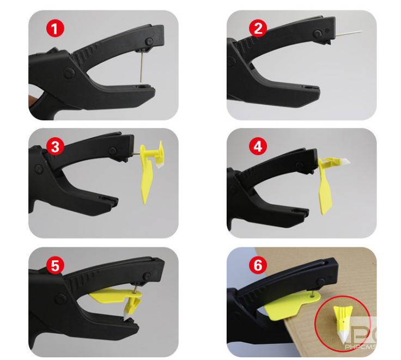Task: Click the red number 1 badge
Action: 54,28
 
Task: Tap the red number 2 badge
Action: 257,28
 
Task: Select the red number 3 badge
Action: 54,146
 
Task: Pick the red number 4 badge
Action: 257,146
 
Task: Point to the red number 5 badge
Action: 54,265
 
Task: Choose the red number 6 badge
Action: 257,265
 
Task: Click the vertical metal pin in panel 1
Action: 141,65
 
